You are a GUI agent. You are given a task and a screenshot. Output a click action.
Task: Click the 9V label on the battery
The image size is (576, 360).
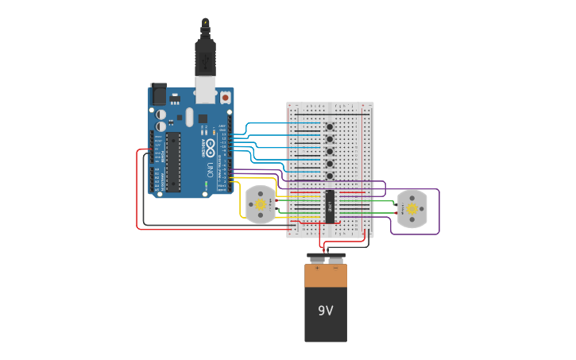point(326,311)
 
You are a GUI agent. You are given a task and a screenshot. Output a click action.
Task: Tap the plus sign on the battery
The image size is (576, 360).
point(317,269)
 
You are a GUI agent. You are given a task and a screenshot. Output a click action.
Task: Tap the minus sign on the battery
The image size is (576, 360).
point(335,269)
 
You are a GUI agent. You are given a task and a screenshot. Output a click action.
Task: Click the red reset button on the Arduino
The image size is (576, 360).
point(225,98)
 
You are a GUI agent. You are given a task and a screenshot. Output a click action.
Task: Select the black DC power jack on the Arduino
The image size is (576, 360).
point(158,95)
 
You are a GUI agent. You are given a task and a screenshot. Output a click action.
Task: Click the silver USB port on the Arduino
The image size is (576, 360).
point(205,89)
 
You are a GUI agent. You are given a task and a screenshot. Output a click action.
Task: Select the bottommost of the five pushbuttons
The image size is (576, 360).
point(329,176)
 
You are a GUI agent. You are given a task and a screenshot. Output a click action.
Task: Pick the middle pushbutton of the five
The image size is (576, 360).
point(329,151)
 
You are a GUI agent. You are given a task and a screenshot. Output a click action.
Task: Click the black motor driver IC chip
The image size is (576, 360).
point(330,207)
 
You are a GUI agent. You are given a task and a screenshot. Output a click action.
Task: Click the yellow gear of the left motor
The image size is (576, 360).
point(260,204)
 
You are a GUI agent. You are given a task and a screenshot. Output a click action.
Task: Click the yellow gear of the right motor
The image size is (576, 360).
point(412,209)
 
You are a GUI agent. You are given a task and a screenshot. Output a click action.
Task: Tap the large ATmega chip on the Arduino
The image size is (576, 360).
point(172,162)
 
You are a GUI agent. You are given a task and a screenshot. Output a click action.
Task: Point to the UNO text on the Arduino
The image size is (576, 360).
point(210,169)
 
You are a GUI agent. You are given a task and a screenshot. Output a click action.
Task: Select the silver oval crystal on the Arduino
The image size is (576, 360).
point(190,118)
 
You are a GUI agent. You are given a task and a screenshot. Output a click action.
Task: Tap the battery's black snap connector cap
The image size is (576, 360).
point(326,258)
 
